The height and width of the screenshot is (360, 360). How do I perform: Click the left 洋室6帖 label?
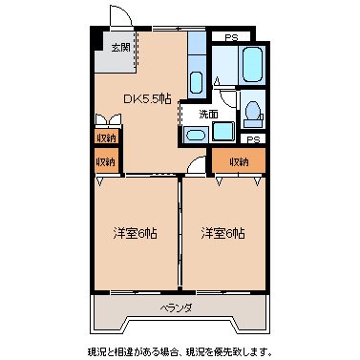point(135,233)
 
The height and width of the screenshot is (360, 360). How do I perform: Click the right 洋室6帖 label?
point(222,233)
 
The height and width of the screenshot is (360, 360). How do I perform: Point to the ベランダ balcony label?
point(177,307)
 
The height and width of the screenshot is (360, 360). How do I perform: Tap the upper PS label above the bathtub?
point(231,36)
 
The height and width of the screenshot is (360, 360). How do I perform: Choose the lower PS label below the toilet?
point(252,139)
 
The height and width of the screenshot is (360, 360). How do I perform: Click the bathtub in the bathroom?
point(252,65)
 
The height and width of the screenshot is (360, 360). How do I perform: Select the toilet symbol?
point(253,113)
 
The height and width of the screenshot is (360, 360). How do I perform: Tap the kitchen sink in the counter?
point(195,80)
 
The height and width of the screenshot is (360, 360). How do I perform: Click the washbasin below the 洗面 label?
point(195,134)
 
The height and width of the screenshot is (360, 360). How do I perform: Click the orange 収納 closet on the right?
point(237,161)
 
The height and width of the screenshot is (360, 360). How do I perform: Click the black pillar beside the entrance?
point(96,39)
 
